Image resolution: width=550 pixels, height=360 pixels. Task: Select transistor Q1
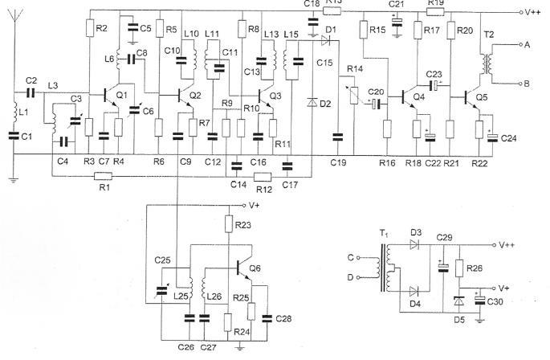point(111,95)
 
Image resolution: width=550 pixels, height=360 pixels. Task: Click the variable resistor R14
point(354,95)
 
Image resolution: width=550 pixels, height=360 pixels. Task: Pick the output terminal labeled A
point(521,45)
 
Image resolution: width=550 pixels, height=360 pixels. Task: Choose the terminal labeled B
point(521,84)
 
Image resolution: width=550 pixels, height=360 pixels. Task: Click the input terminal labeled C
point(358,258)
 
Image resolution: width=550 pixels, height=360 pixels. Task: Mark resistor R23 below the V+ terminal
point(228,224)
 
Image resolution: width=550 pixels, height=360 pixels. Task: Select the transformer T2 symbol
point(486,63)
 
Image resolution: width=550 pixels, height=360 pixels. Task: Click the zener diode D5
point(458,301)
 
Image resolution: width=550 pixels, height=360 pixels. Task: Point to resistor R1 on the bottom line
point(104,176)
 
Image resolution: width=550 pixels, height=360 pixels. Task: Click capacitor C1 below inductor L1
point(14,136)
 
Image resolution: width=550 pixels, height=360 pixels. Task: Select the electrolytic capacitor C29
point(443,268)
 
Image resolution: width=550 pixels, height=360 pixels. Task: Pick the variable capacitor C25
point(161,290)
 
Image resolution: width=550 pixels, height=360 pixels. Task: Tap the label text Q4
point(419,96)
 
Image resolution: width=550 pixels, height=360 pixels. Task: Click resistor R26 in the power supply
point(459,268)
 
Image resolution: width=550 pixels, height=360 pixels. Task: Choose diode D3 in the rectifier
point(415,244)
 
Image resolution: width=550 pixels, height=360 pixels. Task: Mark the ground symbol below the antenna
point(14,180)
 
